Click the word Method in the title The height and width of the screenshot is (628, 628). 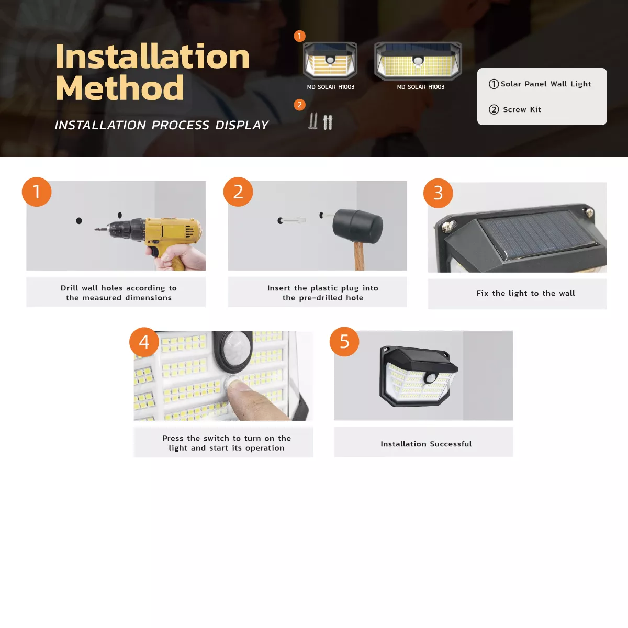[x=119, y=88]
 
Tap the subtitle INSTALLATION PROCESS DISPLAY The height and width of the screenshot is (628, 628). [x=161, y=125]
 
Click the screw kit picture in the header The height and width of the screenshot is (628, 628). [x=320, y=121]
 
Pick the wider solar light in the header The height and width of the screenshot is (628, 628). [x=418, y=61]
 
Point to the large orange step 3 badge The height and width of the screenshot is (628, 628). [x=438, y=193]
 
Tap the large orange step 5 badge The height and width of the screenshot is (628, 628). [x=344, y=342]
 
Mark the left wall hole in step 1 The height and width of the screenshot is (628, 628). [x=79, y=221]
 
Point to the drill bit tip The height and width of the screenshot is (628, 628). [x=97, y=229]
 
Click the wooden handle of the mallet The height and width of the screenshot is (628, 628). [x=359, y=256]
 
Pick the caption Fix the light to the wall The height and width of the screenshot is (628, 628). [x=525, y=294]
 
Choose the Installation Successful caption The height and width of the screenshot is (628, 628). [x=426, y=444]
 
